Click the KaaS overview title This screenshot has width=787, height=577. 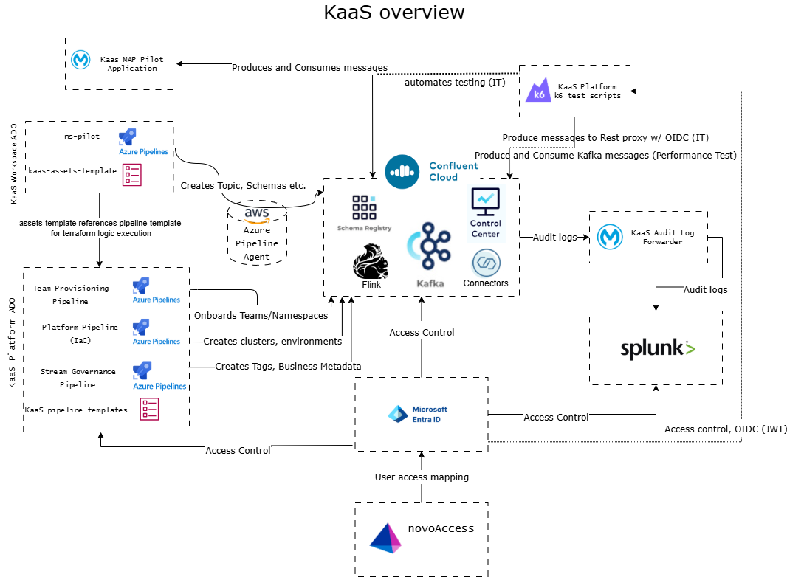pos(394,12)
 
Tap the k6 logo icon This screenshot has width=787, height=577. pos(538,90)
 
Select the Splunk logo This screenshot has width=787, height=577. pos(658,348)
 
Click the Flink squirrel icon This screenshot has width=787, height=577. pos(371,261)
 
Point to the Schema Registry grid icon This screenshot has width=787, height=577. pos(365,207)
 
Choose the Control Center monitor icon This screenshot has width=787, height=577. pos(485,201)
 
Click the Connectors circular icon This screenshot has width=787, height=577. pos(487,263)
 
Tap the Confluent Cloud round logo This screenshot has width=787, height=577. pos(402,172)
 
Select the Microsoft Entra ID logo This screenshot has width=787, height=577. pos(398,414)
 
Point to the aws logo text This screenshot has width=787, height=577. pos(257,214)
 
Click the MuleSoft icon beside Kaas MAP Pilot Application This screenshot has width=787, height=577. pos(80,60)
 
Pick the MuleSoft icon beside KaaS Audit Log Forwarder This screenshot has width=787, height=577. pos(610,236)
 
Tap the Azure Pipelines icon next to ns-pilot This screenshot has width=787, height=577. pos(128,137)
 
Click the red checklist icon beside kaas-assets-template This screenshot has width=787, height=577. pos(132,175)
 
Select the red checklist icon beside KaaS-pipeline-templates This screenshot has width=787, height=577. pos(149,409)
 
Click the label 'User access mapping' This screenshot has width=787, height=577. pos(422,477)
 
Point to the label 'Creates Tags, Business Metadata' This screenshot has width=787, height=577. pos(288,366)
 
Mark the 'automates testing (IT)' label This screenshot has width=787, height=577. pos(455,83)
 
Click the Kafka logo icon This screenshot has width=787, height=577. pos(429,246)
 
